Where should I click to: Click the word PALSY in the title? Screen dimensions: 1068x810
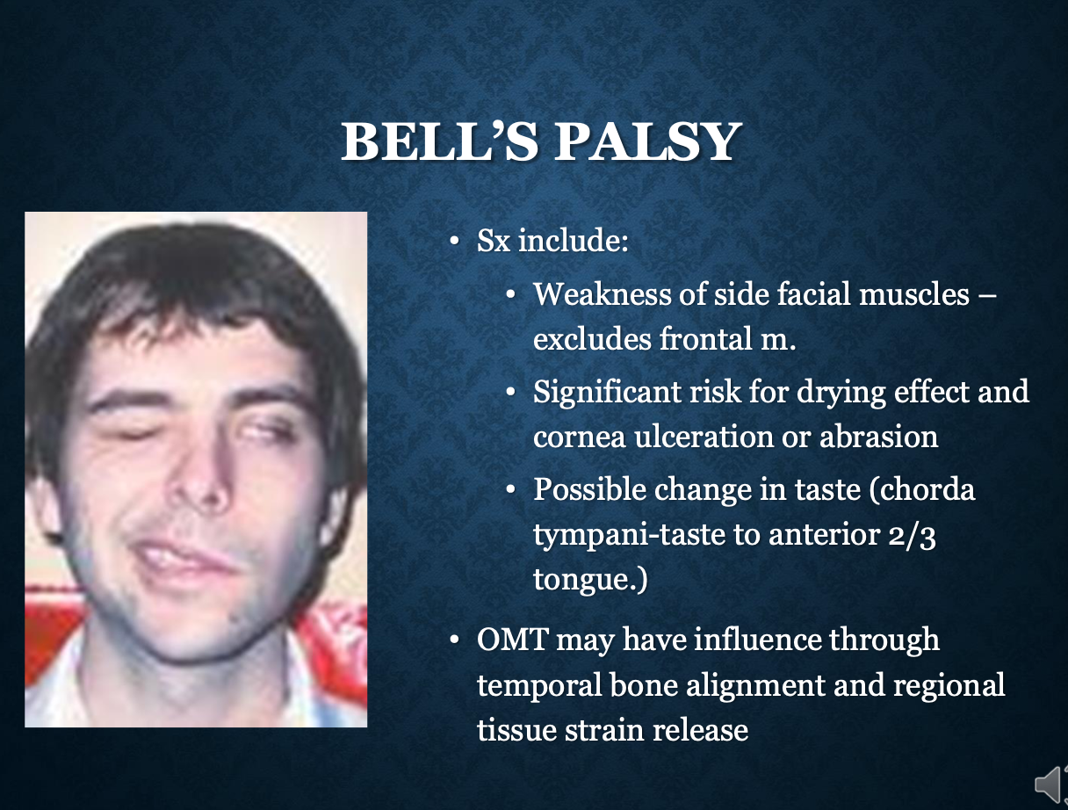click(648, 141)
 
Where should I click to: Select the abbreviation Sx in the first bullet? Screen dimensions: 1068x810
click(494, 240)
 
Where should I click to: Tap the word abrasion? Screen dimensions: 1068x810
click(878, 436)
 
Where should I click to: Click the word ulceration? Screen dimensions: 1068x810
click(704, 436)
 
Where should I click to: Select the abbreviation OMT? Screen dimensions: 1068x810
click(512, 640)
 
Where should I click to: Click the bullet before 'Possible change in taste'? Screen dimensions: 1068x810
click(510, 489)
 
